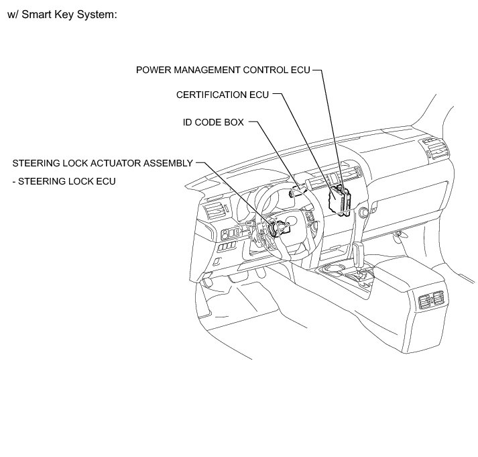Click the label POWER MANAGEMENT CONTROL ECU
click(223, 69)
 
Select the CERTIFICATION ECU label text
click(222, 95)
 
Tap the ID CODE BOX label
click(213, 123)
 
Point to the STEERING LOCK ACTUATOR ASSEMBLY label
click(103, 163)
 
